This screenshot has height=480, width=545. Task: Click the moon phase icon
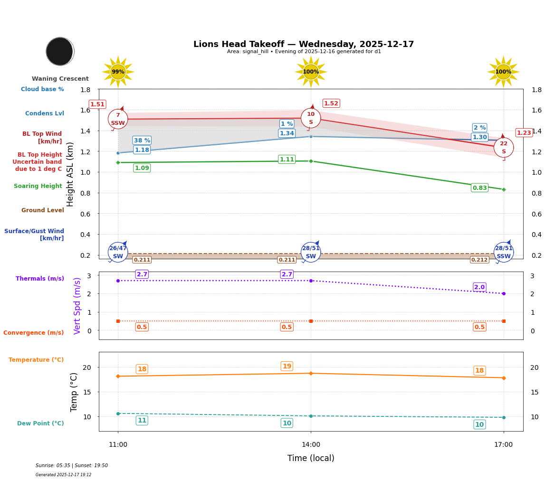[60, 51]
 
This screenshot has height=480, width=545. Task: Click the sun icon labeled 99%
[118, 72]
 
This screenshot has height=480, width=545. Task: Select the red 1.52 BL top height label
[331, 104]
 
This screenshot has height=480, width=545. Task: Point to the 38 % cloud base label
[142, 141]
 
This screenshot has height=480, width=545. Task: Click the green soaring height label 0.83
[479, 188]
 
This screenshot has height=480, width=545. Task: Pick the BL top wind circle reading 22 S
[503, 147]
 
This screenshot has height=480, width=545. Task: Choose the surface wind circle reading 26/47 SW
[118, 252]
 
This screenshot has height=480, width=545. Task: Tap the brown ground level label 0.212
[479, 260]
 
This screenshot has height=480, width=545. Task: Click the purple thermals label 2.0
[479, 287]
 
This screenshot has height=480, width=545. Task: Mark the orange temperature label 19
[287, 366]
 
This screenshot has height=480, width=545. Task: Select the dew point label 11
[142, 420]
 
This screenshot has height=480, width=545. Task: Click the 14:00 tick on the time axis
[311, 444]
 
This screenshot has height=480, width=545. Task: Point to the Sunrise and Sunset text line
[72, 466]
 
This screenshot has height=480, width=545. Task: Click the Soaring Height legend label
[38, 186]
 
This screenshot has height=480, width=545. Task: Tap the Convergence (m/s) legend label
[34, 333]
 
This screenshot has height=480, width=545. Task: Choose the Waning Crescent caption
[60, 79]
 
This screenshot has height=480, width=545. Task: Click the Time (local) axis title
[311, 458]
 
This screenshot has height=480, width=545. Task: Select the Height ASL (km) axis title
[70, 174]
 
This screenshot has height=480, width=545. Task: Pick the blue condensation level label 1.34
[287, 133]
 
